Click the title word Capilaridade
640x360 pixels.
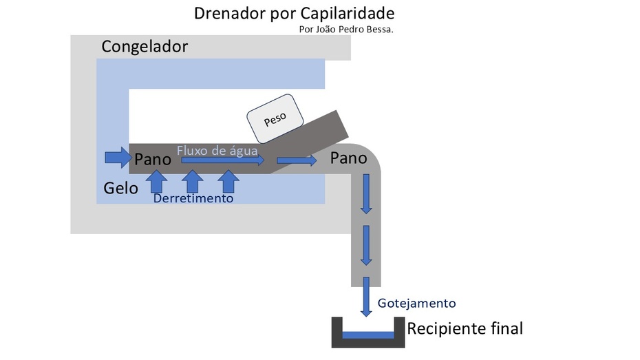[x=347, y=14]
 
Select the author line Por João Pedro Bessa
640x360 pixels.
[x=346, y=30]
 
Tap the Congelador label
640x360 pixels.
[x=145, y=47]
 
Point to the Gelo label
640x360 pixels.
[x=121, y=188]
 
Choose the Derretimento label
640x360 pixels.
[x=193, y=198]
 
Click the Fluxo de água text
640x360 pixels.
[x=217, y=150]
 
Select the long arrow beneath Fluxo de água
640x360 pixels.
[x=222, y=161]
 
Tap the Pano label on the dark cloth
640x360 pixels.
[x=153, y=160]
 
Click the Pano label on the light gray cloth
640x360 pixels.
[x=349, y=158]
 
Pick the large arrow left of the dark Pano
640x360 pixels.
[x=116, y=157]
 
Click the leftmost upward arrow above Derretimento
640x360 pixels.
[x=158, y=181]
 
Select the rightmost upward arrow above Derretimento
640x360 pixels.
[x=228, y=181]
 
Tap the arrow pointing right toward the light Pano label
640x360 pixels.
[x=297, y=161]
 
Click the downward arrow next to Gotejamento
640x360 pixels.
[x=366, y=297]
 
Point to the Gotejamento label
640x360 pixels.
[x=416, y=304]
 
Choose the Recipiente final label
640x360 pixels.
[x=465, y=328]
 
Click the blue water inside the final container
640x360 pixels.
[x=368, y=335]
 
